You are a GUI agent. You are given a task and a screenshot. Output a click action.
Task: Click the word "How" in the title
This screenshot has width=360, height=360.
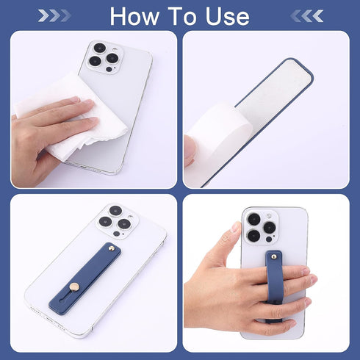[x=134, y=16]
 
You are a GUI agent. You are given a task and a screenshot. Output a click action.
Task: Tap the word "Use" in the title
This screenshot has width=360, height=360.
[x=227, y=16]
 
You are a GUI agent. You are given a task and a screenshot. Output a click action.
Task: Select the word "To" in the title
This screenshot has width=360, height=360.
[x=181, y=16]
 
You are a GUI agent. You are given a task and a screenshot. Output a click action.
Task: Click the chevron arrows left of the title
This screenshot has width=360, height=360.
[x=54, y=16]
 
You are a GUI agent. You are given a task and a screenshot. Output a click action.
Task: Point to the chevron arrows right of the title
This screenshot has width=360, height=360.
[x=307, y=16]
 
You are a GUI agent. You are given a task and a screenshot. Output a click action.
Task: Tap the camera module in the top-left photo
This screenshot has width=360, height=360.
[x=105, y=58]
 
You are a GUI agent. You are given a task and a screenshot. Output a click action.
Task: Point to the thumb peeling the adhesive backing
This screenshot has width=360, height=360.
[x=190, y=150]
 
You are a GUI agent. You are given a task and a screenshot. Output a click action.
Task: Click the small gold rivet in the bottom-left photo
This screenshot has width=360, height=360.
[x=111, y=249]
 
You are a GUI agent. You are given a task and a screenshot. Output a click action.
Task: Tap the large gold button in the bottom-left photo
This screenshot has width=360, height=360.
[x=74, y=287]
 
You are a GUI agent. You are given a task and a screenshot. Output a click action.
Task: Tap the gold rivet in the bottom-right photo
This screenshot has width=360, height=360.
[x=274, y=256]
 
